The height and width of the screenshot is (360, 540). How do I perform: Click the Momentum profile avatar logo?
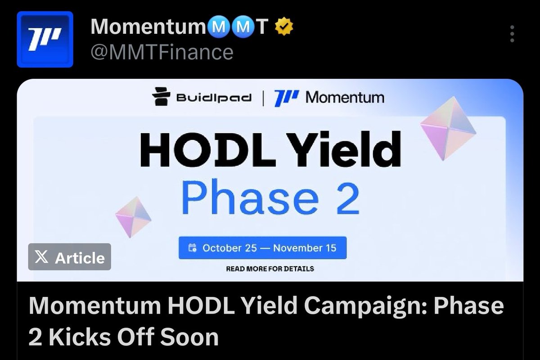pyautogui.click(x=45, y=39)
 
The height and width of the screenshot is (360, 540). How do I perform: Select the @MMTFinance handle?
pyautogui.click(x=162, y=53)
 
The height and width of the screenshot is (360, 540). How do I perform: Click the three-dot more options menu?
pyautogui.click(x=512, y=34)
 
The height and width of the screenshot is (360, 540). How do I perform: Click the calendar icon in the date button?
pyautogui.click(x=193, y=247)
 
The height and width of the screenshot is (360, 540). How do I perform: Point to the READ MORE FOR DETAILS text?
pyautogui.click(x=270, y=269)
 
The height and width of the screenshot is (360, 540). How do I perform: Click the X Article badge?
pyautogui.click(x=70, y=257)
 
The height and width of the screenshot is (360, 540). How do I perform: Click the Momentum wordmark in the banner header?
pyautogui.click(x=345, y=98)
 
